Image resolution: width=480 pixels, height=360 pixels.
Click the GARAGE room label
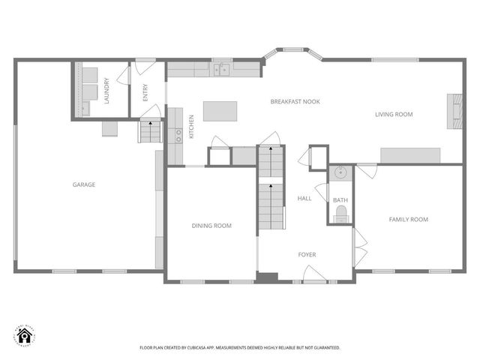83,184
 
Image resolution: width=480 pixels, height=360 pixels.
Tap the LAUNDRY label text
107,91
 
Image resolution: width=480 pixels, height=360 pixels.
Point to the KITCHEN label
192,126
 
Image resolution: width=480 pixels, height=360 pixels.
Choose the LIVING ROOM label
394,115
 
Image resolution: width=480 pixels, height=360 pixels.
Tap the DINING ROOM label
212,226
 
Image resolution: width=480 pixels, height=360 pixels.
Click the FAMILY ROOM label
408,220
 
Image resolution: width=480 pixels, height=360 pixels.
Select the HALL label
304,199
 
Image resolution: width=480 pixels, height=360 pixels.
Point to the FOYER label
307,255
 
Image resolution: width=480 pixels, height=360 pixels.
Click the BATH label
340,200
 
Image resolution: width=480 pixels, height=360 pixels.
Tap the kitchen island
220,111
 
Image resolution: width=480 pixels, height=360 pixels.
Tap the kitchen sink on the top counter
221,70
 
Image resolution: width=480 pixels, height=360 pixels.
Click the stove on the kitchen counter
178,135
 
